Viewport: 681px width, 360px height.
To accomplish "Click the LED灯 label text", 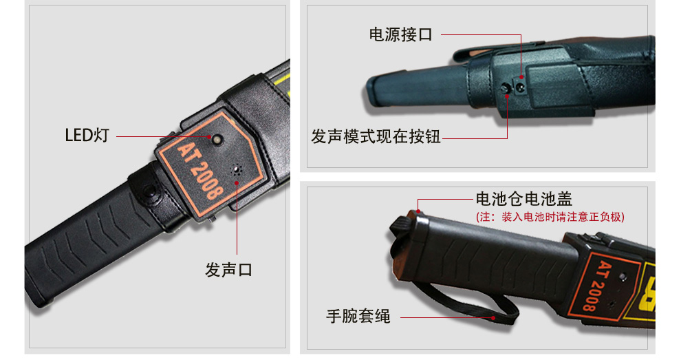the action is coord(87,135).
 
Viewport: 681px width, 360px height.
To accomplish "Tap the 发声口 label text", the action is coord(228,270).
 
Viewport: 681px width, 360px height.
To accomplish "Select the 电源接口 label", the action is coord(400,34).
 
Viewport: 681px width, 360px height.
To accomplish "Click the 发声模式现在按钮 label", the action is coord(376,136).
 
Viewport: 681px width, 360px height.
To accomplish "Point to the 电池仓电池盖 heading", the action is coord(523,199).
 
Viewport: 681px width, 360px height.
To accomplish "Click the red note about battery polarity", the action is coord(550,217).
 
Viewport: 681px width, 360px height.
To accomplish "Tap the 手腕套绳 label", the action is coord(358,316).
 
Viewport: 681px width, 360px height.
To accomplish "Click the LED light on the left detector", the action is coord(216,140).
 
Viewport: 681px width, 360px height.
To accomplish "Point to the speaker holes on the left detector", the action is coord(237,170).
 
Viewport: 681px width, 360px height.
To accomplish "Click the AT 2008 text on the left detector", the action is coord(201,171).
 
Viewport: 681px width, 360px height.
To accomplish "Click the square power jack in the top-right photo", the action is coord(519,86).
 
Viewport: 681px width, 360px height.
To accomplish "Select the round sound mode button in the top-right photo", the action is coord(506,89).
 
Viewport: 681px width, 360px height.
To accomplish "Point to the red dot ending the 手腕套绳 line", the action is coord(493,318).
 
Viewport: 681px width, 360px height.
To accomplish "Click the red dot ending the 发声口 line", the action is coord(237,183).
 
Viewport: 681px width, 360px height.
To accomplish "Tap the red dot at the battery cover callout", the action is coord(418,212).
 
